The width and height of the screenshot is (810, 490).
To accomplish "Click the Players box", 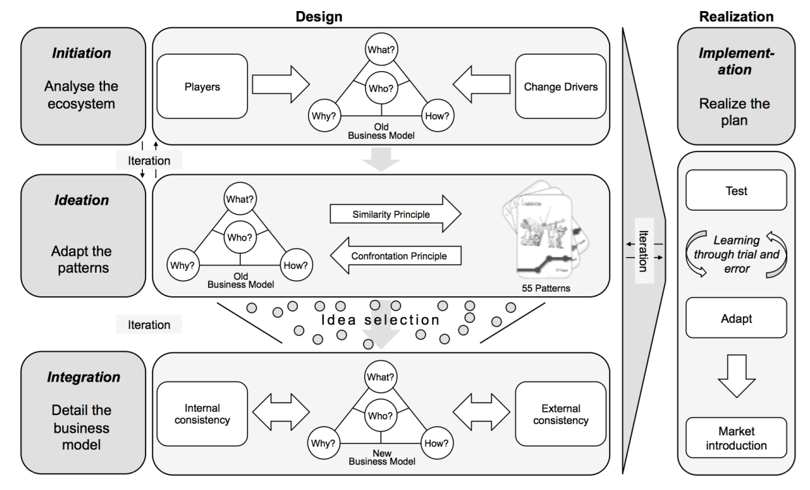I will tap(202, 86).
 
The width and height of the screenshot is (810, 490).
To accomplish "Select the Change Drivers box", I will tap(560, 86).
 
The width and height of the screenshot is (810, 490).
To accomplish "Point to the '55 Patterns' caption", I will tap(545, 288).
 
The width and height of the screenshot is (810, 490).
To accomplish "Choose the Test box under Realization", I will tap(736, 191).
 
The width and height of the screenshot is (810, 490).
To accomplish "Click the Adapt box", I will tap(736, 318).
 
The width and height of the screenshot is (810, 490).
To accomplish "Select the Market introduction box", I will tap(736, 438).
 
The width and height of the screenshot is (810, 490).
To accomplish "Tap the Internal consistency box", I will tap(202, 414).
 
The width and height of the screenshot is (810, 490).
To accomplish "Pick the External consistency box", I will tap(560, 414).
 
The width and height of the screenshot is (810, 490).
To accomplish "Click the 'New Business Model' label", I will tap(382, 457).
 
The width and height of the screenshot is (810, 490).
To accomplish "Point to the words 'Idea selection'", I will tap(381, 320).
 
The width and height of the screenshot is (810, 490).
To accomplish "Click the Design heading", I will tap(319, 16).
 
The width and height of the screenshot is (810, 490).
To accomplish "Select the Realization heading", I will tap(736, 16).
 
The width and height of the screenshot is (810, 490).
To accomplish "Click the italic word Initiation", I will tap(82, 53).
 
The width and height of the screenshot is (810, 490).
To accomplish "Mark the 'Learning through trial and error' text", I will tap(736, 254).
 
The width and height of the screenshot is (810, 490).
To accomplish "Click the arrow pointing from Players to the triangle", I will tap(280, 84).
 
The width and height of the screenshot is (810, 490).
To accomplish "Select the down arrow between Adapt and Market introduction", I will tap(736, 376).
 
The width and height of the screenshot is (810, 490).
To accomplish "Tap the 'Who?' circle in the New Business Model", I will tap(379, 416).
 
